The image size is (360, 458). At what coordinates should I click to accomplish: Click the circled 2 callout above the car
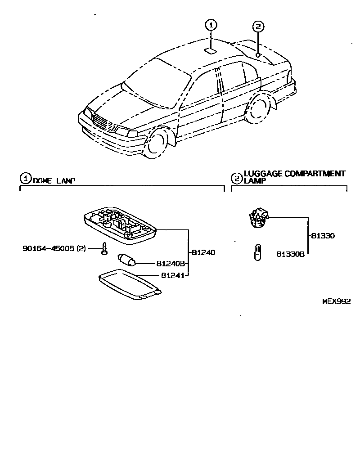point(257,27)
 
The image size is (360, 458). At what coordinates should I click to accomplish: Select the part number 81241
point(170,274)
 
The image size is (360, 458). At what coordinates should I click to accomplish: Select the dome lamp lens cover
point(129,285)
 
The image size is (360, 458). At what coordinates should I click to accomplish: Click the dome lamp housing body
point(120,223)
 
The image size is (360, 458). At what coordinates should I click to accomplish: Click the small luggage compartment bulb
point(257,251)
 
